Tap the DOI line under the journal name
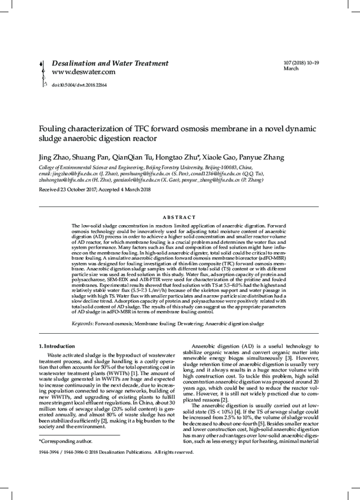pos(79,85)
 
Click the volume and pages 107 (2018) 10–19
pos(302,62)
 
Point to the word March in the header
pos(290,69)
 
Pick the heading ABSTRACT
pos(180,217)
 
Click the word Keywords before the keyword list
pos(82,323)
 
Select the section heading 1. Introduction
pos(57,346)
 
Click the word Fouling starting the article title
pos(55,129)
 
